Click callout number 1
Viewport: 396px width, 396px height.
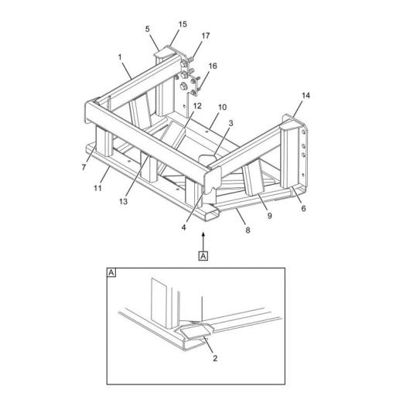(x=120, y=57)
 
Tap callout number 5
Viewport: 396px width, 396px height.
(x=147, y=29)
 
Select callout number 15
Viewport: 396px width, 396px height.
(x=183, y=24)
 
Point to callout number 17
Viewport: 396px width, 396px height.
(x=206, y=36)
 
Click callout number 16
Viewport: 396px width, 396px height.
(x=213, y=66)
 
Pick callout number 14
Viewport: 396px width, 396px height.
(x=306, y=96)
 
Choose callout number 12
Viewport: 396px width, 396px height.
(x=197, y=106)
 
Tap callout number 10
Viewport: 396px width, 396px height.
(x=222, y=107)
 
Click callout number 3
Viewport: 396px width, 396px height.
(x=230, y=123)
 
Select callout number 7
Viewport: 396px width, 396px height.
(x=84, y=168)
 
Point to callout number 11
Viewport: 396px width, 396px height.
(x=97, y=188)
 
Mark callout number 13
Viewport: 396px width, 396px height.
(x=123, y=201)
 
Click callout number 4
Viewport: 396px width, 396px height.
(x=183, y=227)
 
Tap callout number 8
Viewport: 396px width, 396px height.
(x=247, y=230)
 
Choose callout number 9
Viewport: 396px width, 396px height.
(x=270, y=216)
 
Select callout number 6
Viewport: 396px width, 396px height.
(x=303, y=208)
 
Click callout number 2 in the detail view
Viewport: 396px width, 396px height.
(x=215, y=358)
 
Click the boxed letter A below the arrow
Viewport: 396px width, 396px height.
(x=203, y=256)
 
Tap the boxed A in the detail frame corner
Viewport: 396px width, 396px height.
(x=111, y=272)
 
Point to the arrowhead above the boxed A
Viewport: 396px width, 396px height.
(x=203, y=234)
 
